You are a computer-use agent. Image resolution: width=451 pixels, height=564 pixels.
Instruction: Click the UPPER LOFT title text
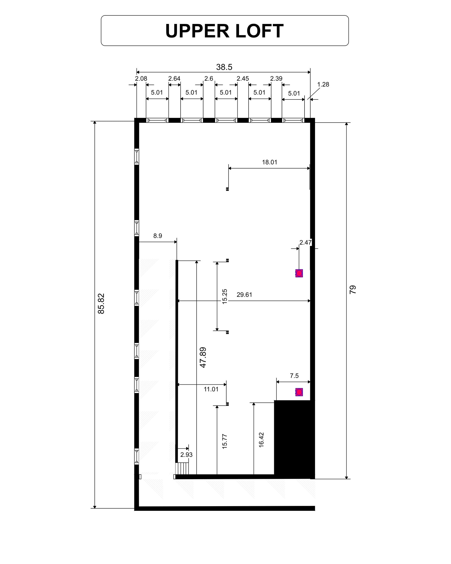pyautogui.click(x=224, y=31)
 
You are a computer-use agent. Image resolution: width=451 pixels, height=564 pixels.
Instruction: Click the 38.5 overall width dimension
pyautogui.click(x=224, y=67)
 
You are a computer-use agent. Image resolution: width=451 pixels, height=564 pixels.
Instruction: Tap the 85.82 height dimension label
pyautogui.click(x=101, y=303)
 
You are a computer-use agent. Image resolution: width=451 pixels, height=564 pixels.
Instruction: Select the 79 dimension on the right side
pyautogui.click(x=353, y=289)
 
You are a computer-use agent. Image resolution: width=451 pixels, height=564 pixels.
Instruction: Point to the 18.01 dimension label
pyautogui.click(x=269, y=162)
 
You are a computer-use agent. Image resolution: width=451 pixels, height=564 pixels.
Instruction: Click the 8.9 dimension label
pyautogui.click(x=157, y=236)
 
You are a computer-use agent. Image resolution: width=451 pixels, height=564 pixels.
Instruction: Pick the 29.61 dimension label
pyautogui.click(x=244, y=295)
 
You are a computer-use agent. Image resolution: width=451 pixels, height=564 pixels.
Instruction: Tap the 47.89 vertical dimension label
pyautogui.click(x=203, y=357)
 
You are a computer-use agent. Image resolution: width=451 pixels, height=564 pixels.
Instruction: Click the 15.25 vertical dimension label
pyautogui.click(x=225, y=296)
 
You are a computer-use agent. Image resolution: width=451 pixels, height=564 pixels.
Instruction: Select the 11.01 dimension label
pyautogui.click(x=211, y=389)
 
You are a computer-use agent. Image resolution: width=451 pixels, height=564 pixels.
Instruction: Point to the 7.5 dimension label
pyautogui.click(x=294, y=376)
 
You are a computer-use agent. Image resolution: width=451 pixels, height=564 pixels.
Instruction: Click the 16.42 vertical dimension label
pyautogui.click(x=261, y=440)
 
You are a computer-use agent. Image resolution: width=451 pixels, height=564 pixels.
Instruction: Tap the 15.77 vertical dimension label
pyautogui.click(x=225, y=441)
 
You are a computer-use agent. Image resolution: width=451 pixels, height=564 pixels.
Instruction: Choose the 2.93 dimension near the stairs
pyautogui.click(x=186, y=455)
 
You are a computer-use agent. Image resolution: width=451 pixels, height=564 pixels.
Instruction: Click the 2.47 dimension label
pyautogui.click(x=305, y=243)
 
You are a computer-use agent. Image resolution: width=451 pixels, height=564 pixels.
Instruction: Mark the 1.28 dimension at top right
pyautogui.click(x=323, y=85)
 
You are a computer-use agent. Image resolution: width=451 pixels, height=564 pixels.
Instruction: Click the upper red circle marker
pyautogui.click(x=299, y=273)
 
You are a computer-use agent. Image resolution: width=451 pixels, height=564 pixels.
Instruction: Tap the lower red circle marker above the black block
pyautogui.click(x=299, y=392)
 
